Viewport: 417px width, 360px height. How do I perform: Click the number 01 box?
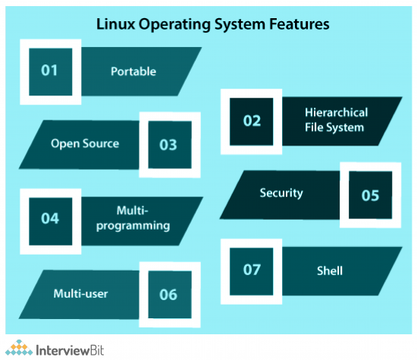pos(50,71)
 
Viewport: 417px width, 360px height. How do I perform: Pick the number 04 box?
pos(50,218)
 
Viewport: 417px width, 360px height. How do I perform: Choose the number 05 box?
pos(369,194)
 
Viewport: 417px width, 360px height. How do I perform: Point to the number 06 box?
pos(168,294)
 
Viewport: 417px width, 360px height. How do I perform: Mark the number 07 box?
pos(252,270)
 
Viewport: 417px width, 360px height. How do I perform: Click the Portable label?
pos(133,71)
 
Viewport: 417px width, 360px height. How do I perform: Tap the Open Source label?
pos(85,143)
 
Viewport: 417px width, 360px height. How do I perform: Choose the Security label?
pos(281,193)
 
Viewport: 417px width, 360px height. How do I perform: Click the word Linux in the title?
pos(114,24)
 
